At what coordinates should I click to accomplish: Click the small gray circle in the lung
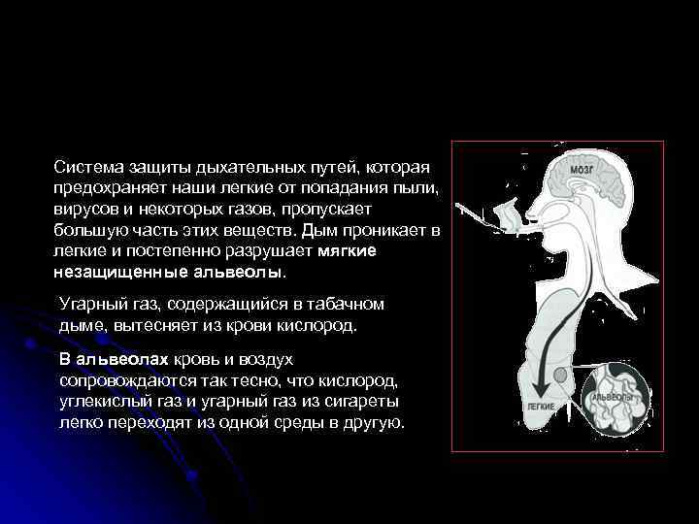(x=562, y=376)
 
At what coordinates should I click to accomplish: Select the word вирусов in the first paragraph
(x=84, y=209)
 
